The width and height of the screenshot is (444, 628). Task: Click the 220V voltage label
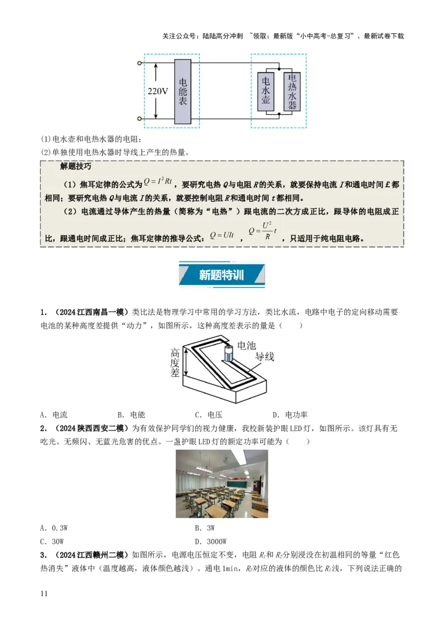pos(158,92)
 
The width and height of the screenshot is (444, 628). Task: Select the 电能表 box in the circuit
pos(183,92)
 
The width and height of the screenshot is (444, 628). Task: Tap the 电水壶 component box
pos(266,92)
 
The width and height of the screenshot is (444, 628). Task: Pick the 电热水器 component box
pos(292,92)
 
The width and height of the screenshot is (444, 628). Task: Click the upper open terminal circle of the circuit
pos(139,64)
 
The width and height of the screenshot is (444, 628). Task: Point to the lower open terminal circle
pos(139,119)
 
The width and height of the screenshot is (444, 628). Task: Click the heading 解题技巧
pos(75,166)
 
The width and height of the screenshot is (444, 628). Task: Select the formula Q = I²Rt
pos(160,181)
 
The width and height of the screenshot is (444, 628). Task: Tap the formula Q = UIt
pos(221,235)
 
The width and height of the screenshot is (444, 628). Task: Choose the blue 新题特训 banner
pos(220,276)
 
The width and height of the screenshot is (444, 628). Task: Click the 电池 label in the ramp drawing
pos(247,346)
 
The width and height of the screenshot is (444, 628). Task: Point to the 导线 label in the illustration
pos(264,357)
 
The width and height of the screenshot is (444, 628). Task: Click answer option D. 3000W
pos(211,541)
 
